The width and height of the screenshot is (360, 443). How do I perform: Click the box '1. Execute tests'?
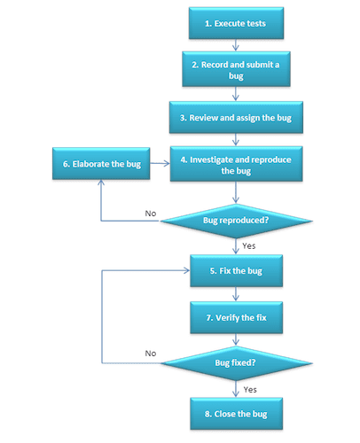click(236, 24)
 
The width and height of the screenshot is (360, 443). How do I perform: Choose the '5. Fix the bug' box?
click(236, 269)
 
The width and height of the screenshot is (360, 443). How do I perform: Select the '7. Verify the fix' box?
click(236, 315)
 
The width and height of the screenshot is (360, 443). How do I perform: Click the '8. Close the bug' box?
click(236, 412)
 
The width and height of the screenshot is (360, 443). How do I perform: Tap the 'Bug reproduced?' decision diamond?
click(237, 219)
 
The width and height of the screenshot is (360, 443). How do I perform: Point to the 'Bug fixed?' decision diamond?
click(237, 364)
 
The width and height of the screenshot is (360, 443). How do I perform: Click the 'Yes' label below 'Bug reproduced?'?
click(249, 245)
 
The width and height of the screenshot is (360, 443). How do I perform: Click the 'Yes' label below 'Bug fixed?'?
click(249, 388)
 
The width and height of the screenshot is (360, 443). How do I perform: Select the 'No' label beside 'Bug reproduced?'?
click(152, 213)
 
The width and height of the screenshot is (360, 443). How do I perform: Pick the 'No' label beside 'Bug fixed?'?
click(151, 354)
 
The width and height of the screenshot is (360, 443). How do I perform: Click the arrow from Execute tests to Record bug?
click(237, 46)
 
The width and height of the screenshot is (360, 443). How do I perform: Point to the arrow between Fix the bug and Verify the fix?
click(237, 292)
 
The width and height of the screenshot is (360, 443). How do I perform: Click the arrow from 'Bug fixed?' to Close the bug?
click(237, 389)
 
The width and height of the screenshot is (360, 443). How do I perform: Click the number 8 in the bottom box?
click(207, 412)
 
